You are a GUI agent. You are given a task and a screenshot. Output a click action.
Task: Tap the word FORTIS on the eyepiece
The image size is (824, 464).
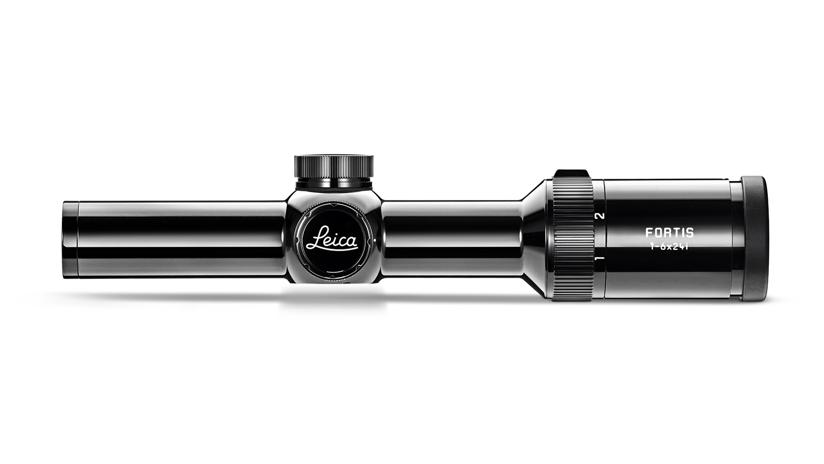point(669,233)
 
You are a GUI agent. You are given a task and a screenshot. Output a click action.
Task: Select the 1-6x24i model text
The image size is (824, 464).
point(669,247)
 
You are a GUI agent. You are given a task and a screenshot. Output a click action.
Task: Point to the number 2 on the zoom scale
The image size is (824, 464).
point(599,216)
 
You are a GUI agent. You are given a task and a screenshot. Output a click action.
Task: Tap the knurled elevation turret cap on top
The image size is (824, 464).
point(334,166)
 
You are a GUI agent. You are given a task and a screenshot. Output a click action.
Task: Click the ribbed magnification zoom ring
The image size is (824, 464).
point(572,239)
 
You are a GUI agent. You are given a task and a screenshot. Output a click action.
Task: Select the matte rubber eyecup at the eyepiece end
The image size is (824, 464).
point(754,239)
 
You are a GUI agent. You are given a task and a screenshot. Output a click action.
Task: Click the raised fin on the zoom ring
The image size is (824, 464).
point(572,173)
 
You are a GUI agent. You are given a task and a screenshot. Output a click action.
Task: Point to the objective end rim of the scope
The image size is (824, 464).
point(70,239)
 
